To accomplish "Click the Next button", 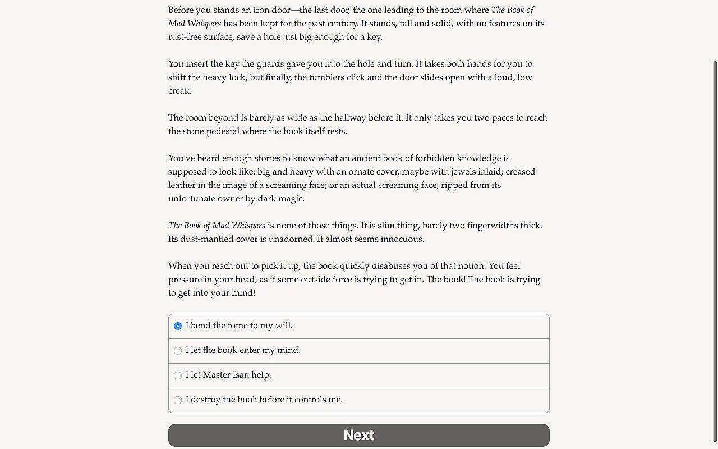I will [x=359, y=435].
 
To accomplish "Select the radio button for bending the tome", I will [x=178, y=326].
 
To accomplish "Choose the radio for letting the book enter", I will [x=178, y=351].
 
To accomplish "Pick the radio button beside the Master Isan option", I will [x=178, y=375].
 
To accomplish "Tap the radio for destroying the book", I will [x=178, y=400].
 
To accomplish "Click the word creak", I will [x=179, y=91].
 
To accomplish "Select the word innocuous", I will [x=402, y=239].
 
